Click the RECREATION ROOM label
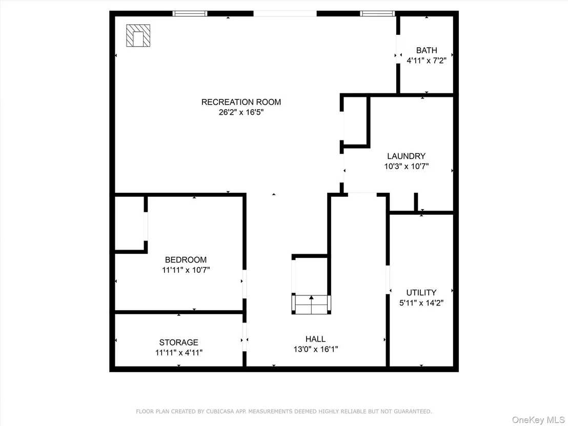point(241,102)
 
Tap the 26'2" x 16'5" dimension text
point(241,112)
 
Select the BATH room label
point(427,50)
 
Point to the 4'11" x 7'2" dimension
point(427,60)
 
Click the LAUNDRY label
point(407,156)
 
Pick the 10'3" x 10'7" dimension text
point(407,166)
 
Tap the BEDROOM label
point(186,260)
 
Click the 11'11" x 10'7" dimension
point(186,270)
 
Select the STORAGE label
point(178,342)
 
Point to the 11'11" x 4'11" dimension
point(178,353)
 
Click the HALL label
point(315,339)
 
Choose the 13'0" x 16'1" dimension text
point(315,349)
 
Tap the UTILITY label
point(421,293)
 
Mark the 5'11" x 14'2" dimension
point(421,303)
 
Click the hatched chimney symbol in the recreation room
point(138,35)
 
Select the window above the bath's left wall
point(377,14)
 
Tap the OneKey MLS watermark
point(538,420)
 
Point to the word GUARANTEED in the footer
point(413,412)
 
